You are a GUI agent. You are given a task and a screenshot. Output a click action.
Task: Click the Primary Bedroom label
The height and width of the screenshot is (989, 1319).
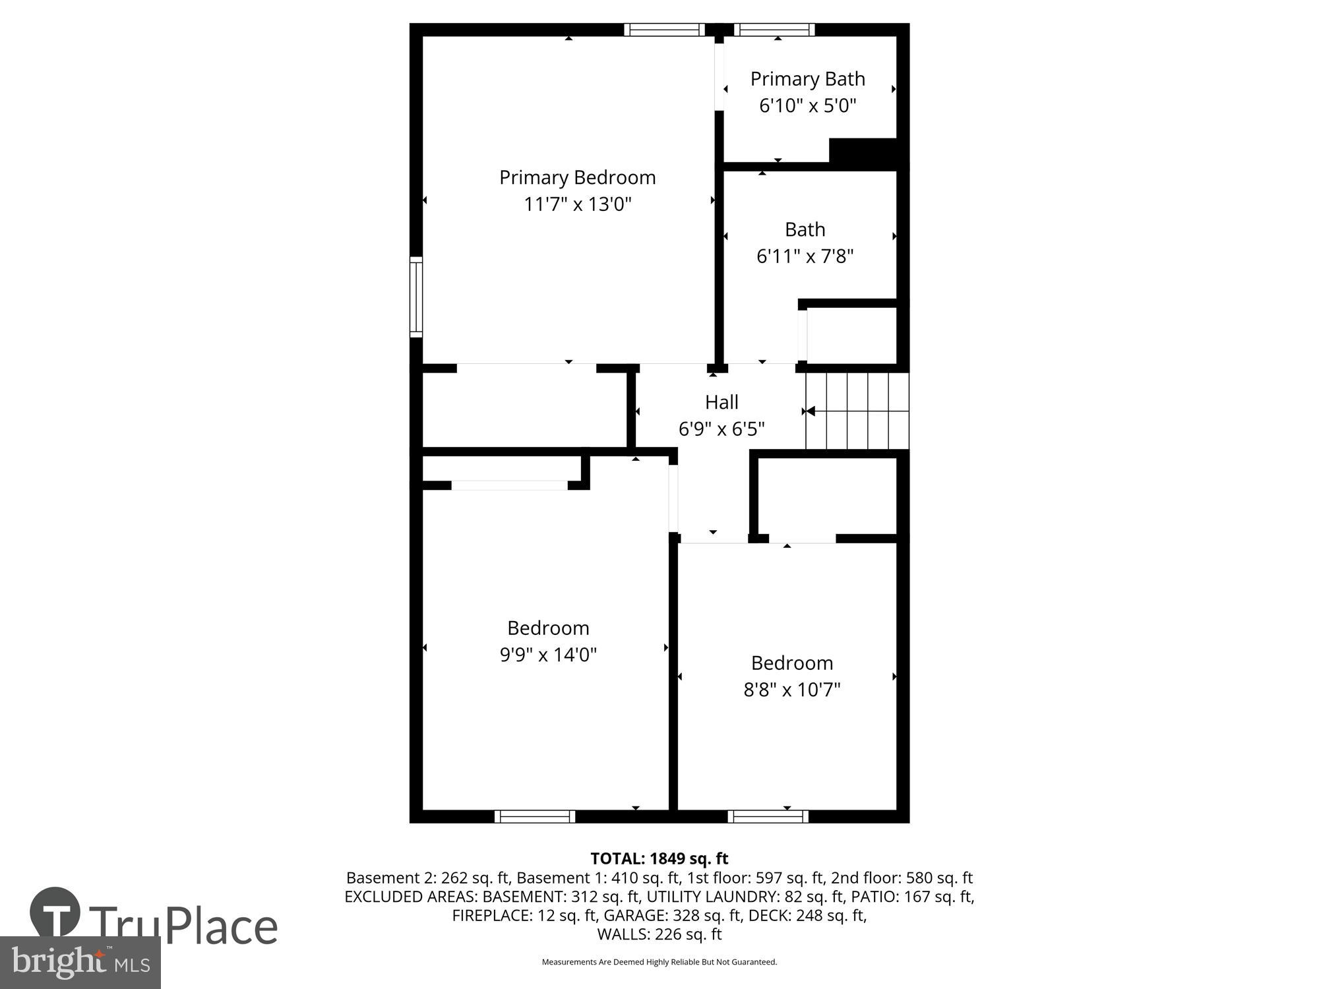577,177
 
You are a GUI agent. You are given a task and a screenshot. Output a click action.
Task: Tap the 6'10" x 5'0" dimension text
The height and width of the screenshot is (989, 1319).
807,105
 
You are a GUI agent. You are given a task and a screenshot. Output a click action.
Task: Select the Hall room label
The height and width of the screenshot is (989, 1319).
721,402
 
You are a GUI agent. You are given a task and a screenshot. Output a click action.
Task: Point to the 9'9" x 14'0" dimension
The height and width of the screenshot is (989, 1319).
548,655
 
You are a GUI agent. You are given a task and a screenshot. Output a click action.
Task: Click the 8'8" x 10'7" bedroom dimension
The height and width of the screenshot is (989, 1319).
791,690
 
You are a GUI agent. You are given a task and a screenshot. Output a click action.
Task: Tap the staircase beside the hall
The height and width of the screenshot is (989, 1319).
857,411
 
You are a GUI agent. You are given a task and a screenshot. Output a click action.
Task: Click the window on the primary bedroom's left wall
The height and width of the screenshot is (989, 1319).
416,297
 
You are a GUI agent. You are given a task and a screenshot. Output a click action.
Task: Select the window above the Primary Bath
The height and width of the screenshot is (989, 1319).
774,30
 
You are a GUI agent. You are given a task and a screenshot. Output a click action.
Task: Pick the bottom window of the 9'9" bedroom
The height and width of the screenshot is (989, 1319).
535,816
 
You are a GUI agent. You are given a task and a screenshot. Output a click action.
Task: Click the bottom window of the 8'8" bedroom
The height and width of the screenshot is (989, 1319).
768,816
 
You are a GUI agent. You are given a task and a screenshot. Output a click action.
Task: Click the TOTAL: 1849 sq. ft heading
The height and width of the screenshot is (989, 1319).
659,858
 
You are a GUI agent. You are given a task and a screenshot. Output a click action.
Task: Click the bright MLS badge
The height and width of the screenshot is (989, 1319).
80,963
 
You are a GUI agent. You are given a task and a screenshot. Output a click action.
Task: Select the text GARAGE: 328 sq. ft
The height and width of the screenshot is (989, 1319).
672,915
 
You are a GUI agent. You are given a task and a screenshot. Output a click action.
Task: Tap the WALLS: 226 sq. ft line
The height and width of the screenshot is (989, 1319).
659,934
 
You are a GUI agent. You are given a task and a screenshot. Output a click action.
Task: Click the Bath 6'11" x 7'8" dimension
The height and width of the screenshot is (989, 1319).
805,256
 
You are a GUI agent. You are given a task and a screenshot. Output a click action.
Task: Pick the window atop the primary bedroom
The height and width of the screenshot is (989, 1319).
665,30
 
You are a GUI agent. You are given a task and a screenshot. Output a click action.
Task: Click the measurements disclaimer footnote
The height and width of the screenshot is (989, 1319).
659,962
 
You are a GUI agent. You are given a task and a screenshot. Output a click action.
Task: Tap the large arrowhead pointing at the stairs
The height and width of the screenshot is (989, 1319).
811,411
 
